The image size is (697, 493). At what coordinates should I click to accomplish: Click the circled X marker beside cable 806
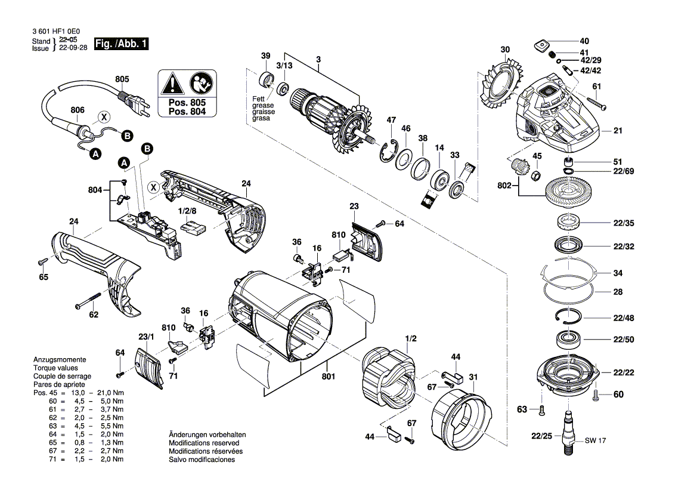coord(103,118)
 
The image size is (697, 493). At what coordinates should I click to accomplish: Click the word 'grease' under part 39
coord(261,106)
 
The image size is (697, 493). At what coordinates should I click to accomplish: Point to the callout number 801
coord(329,377)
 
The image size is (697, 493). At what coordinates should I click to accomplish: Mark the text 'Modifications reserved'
coord(204,443)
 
